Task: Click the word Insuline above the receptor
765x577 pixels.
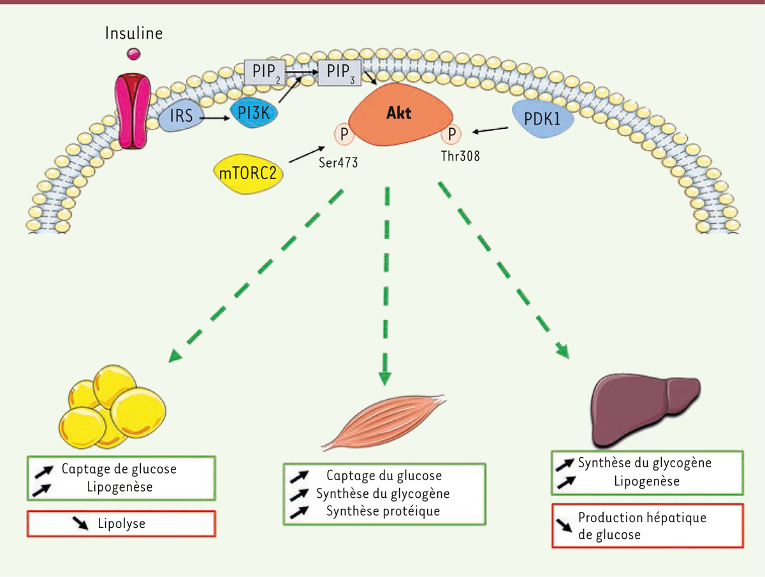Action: click(134, 33)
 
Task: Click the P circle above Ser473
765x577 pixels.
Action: click(344, 135)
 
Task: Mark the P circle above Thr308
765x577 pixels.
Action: click(451, 135)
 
